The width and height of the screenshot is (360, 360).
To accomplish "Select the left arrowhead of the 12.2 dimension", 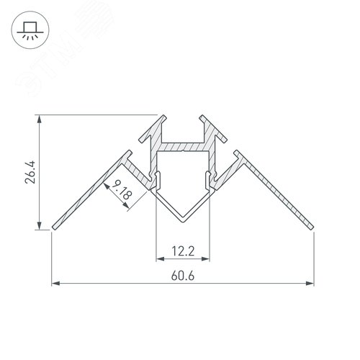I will (158, 257).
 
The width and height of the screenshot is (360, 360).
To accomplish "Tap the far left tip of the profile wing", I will (53, 230).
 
